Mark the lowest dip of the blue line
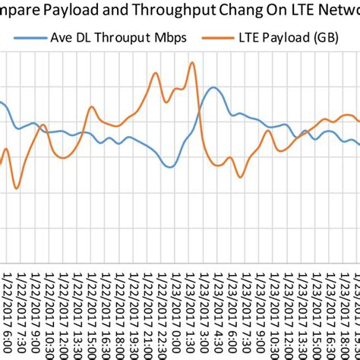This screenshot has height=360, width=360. click(x=171, y=166)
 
